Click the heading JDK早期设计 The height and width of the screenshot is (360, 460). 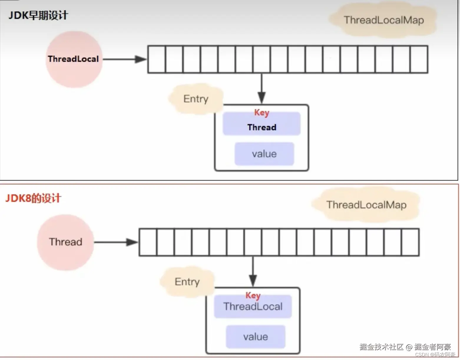pyautogui.click(x=38, y=15)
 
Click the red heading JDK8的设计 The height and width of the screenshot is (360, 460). pyautogui.click(x=33, y=198)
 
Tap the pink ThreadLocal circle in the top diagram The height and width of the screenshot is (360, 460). pyautogui.click(x=74, y=59)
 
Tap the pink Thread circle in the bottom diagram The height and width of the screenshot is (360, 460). pyautogui.click(x=65, y=242)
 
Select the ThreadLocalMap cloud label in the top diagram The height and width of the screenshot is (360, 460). pyautogui.click(x=383, y=20)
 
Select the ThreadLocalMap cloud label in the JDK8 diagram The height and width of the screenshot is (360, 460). pyautogui.click(x=366, y=205)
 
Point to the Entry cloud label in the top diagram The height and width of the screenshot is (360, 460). pyautogui.click(x=196, y=99)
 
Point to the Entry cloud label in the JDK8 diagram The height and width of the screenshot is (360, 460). pyautogui.click(x=187, y=282)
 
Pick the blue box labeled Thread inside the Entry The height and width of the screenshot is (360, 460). pyautogui.click(x=262, y=127)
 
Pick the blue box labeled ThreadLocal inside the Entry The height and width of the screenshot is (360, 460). pyautogui.click(x=253, y=307)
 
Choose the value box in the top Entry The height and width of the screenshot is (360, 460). pyautogui.click(x=264, y=154)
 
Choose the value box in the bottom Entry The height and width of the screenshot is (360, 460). pyautogui.click(x=255, y=337)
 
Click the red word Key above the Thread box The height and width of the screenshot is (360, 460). pyautogui.click(x=262, y=113)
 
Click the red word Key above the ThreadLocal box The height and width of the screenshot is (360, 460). pyautogui.click(x=253, y=295)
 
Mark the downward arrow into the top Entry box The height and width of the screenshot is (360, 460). pyautogui.click(x=262, y=88)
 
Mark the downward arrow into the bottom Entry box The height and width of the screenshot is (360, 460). pyautogui.click(x=253, y=271)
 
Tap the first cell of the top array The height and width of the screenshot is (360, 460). pyautogui.click(x=157, y=59)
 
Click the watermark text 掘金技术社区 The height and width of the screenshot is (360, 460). pyautogui.click(x=381, y=347)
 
